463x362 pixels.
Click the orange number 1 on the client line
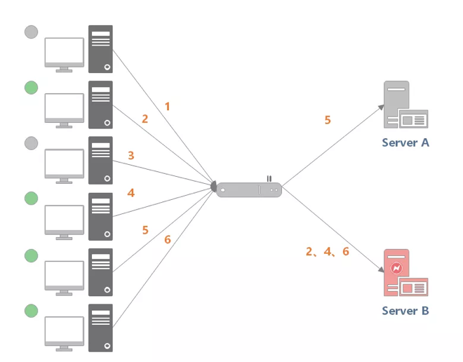tap(168, 107)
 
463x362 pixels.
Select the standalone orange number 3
tap(130, 155)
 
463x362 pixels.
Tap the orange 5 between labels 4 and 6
tap(145, 229)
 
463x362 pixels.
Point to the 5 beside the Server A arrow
tap(328, 120)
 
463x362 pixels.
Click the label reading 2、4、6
tap(327, 251)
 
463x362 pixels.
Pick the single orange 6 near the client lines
tap(168, 239)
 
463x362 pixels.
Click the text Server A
tap(405, 142)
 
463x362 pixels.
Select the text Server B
tap(405, 310)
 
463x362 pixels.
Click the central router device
tap(248, 189)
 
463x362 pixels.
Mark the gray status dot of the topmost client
tap(31, 32)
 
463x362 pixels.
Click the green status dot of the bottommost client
tap(31, 310)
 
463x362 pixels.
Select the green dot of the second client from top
tap(31, 87)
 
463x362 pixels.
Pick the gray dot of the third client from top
tap(31, 143)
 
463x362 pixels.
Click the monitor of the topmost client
tap(64, 54)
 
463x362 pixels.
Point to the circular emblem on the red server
tap(396, 268)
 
